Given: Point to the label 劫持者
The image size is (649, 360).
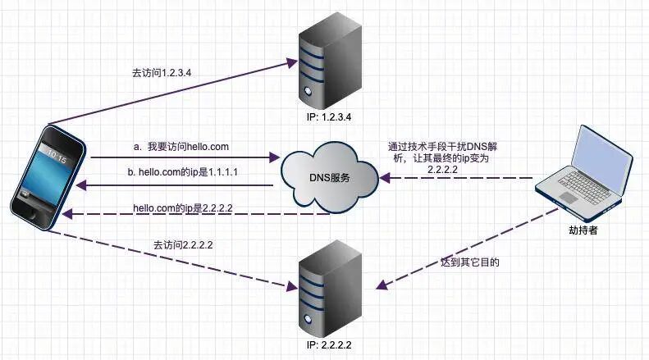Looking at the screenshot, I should (583, 231).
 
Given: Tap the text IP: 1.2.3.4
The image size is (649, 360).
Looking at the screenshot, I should (328, 117).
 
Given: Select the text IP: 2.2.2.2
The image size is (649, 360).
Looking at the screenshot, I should (328, 345).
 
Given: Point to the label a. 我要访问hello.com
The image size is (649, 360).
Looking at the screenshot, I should (181, 147).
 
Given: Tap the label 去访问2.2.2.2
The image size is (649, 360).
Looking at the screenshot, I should (189, 244).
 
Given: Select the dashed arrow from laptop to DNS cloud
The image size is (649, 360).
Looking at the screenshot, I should (459, 177).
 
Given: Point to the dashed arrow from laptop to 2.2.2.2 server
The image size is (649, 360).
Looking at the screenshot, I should (459, 246).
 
